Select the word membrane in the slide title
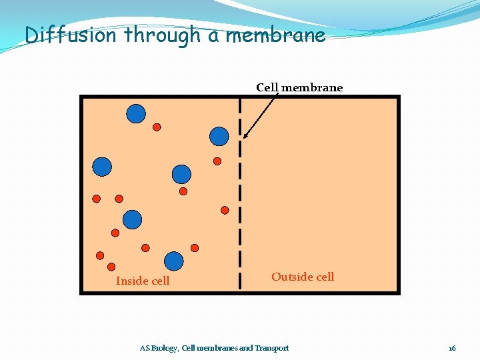275,35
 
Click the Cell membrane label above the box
299,88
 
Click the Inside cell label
143,281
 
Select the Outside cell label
303,277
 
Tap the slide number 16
452,348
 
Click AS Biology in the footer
159,348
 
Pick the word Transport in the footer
272,348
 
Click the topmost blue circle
136,114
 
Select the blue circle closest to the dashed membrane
219,136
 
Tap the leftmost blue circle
102,166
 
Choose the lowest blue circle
174,261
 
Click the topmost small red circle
157,127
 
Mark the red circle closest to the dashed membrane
225,210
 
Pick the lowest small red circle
111,266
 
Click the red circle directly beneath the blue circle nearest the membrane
217,161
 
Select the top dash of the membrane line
240,105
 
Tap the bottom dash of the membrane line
240,280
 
